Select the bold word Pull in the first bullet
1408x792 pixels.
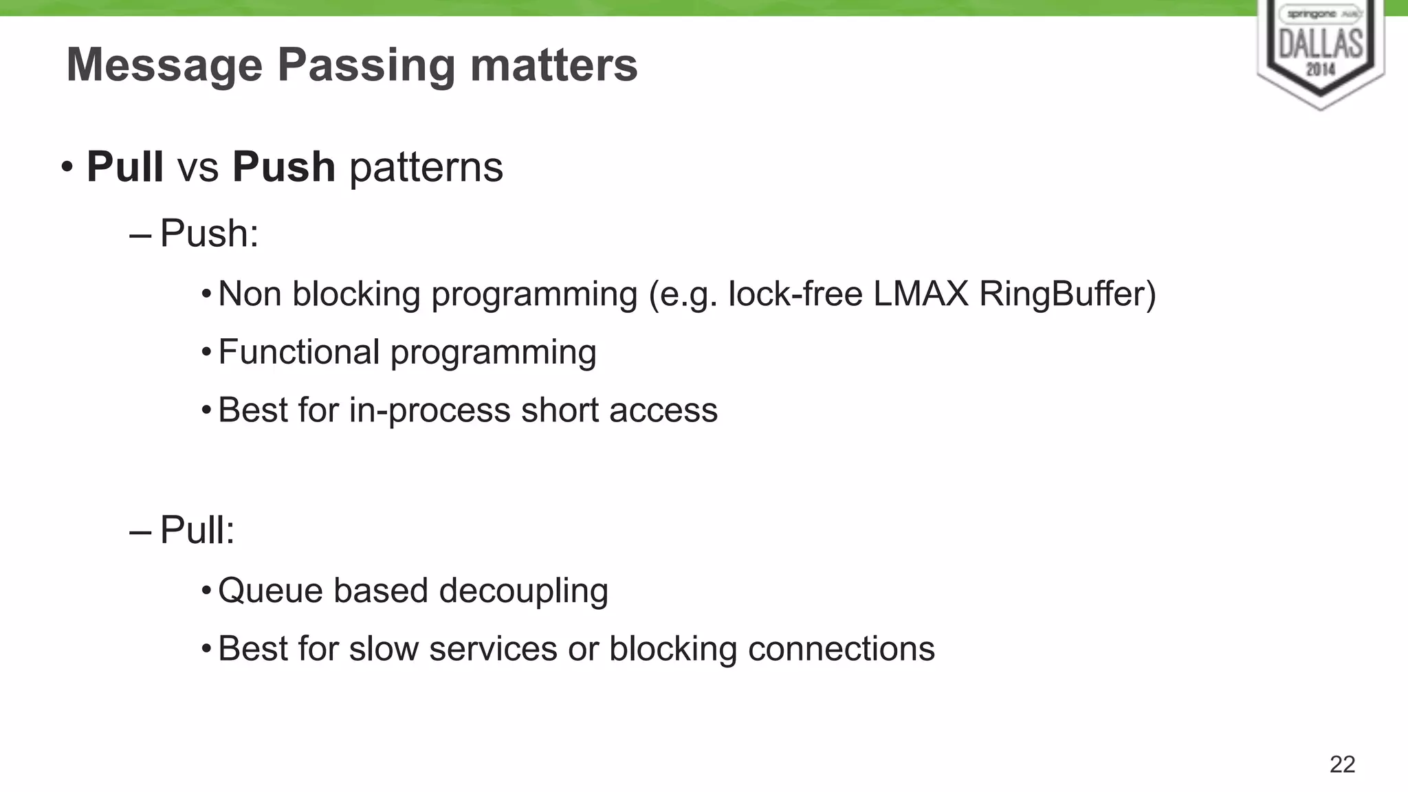[x=124, y=167]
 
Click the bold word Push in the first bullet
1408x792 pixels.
[x=283, y=167]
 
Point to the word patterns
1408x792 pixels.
[x=426, y=167]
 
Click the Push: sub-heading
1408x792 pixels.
[x=209, y=234]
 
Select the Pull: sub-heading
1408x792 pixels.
[x=197, y=531]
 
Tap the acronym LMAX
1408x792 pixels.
[x=921, y=294]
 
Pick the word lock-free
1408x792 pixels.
[x=795, y=294]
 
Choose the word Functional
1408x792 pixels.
[x=298, y=352]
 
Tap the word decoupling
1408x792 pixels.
[x=523, y=591]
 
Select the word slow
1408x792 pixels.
[x=384, y=649]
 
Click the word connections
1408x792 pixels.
[x=841, y=649]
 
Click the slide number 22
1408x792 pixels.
[x=1342, y=764]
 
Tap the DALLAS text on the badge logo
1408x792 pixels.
[x=1321, y=43]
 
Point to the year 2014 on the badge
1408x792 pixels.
[x=1321, y=69]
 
